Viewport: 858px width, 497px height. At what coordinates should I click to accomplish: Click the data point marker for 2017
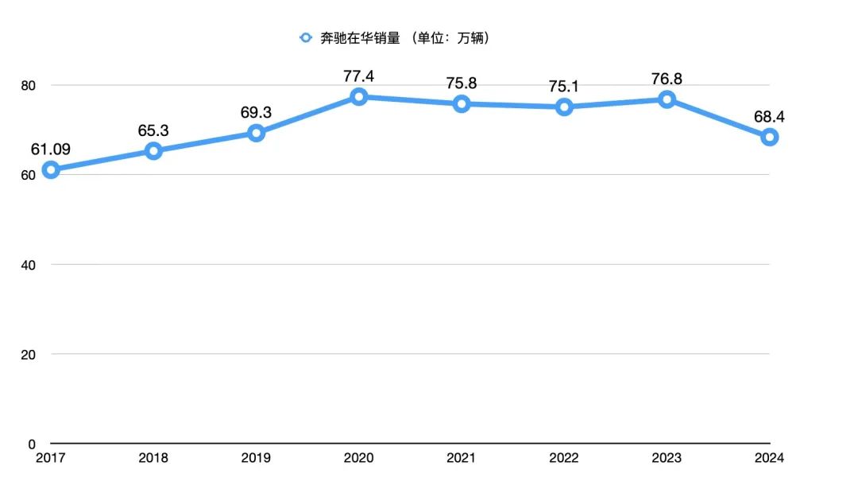(x=51, y=169)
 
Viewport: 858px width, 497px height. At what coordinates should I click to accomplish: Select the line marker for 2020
(x=358, y=96)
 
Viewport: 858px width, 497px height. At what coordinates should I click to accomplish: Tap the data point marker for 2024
(x=769, y=137)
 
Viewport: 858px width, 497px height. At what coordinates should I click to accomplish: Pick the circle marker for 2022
(x=564, y=107)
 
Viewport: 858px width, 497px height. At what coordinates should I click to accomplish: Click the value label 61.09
(x=51, y=148)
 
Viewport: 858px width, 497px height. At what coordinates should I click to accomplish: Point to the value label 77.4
(x=358, y=76)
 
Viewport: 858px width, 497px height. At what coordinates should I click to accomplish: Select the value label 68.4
(x=769, y=117)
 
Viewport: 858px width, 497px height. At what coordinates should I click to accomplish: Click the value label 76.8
(x=666, y=79)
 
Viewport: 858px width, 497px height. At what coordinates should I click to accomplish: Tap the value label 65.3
(x=153, y=130)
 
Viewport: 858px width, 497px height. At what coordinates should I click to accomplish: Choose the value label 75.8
(x=461, y=83)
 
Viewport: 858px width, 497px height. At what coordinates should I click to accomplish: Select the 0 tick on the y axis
(x=33, y=444)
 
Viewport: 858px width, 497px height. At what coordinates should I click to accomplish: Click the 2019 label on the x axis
(x=256, y=458)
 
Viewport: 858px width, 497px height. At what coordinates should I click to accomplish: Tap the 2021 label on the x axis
(x=461, y=458)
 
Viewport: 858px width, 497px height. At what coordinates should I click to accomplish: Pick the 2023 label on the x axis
(x=666, y=458)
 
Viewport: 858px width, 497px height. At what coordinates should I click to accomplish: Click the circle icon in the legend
(x=305, y=37)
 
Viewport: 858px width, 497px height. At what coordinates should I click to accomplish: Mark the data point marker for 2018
(x=153, y=150)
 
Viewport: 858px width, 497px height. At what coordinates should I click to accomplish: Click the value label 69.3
(x=256, y=113)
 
